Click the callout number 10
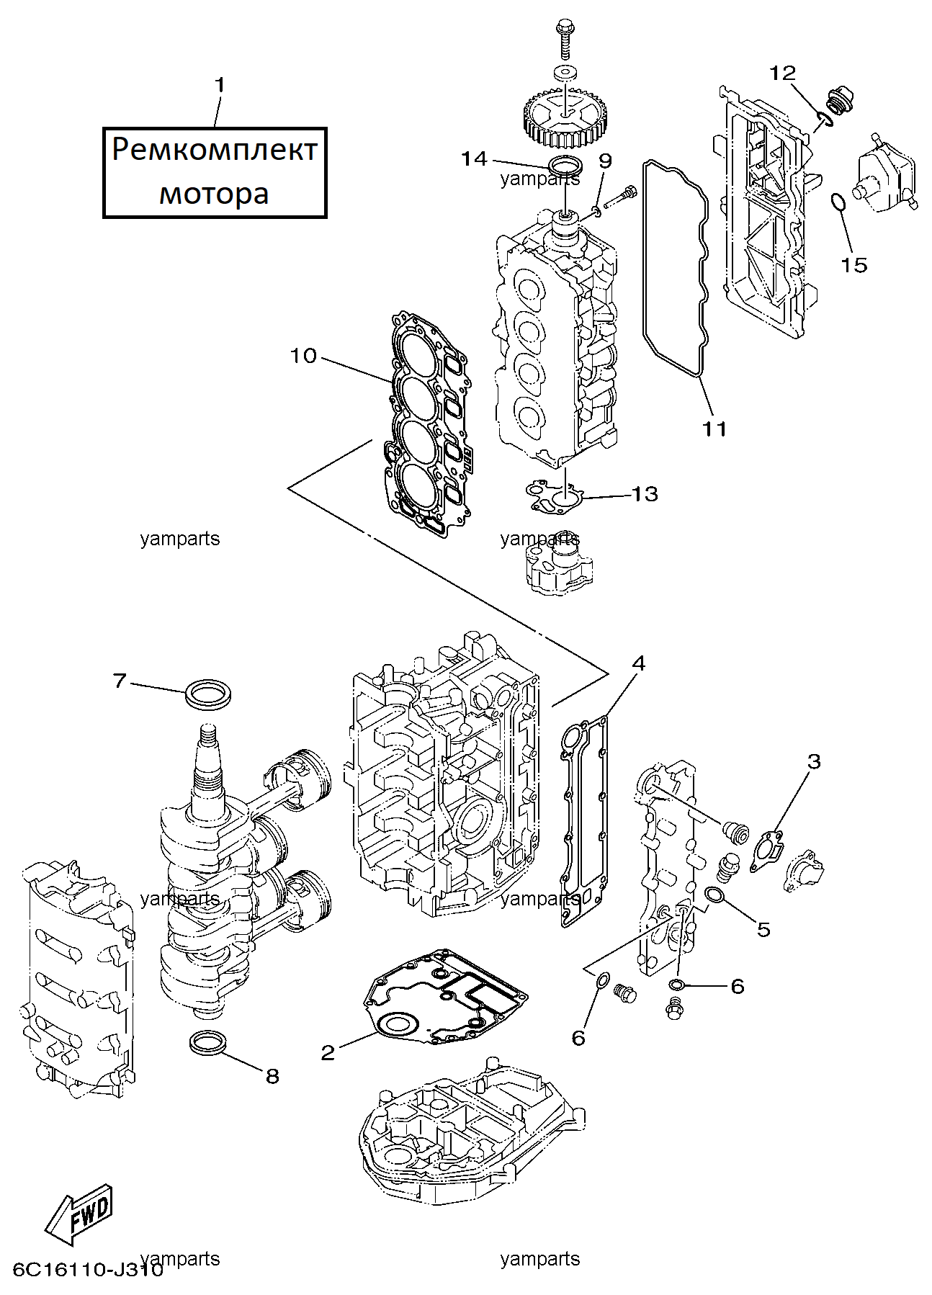coord(304,356)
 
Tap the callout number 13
coord(645,494)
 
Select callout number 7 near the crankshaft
coord(120,680)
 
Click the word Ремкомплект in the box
coord(215,151)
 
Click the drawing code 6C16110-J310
coord(87,1268)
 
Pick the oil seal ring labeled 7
coord(209,692)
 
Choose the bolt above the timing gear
coord(563,40)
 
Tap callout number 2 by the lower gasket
coord(328,1053)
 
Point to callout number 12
coord(783,73)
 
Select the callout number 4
coord(637,663)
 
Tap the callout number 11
coord(715,429)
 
